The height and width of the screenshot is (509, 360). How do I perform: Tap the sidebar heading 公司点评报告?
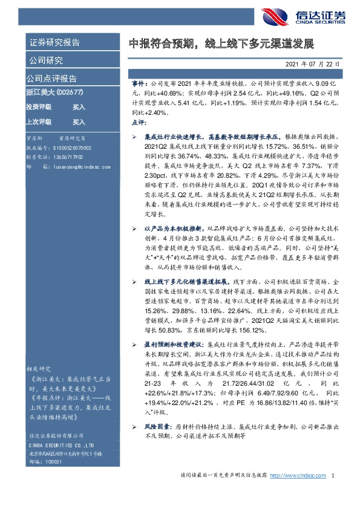click(51, 79)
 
